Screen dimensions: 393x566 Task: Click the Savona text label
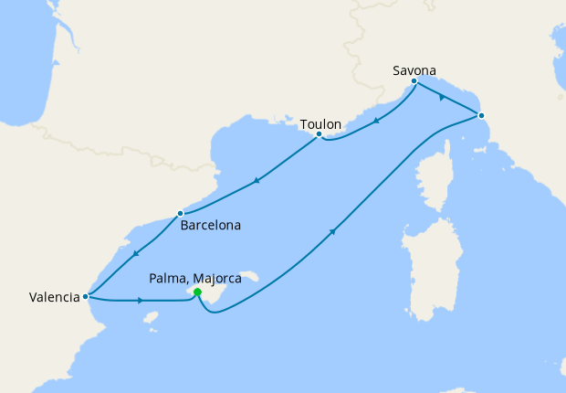coord(414,69)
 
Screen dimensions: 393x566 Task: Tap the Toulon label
coord(320,122)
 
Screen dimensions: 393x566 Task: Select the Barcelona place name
coord(210,225)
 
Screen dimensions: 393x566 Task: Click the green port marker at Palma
coord(197,293)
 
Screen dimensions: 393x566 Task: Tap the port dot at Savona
coord(414,81)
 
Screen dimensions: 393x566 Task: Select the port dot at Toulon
coord(319,134)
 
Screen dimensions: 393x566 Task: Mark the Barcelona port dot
coord(180,214)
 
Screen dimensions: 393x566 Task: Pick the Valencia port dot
coord(85,296)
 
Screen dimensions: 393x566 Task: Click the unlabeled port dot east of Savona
coord(481,115)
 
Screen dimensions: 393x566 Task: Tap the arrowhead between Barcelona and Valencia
coord(135,253)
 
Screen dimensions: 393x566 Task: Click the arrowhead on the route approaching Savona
coord(442,97)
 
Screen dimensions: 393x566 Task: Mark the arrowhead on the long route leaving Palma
coord(332,232)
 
